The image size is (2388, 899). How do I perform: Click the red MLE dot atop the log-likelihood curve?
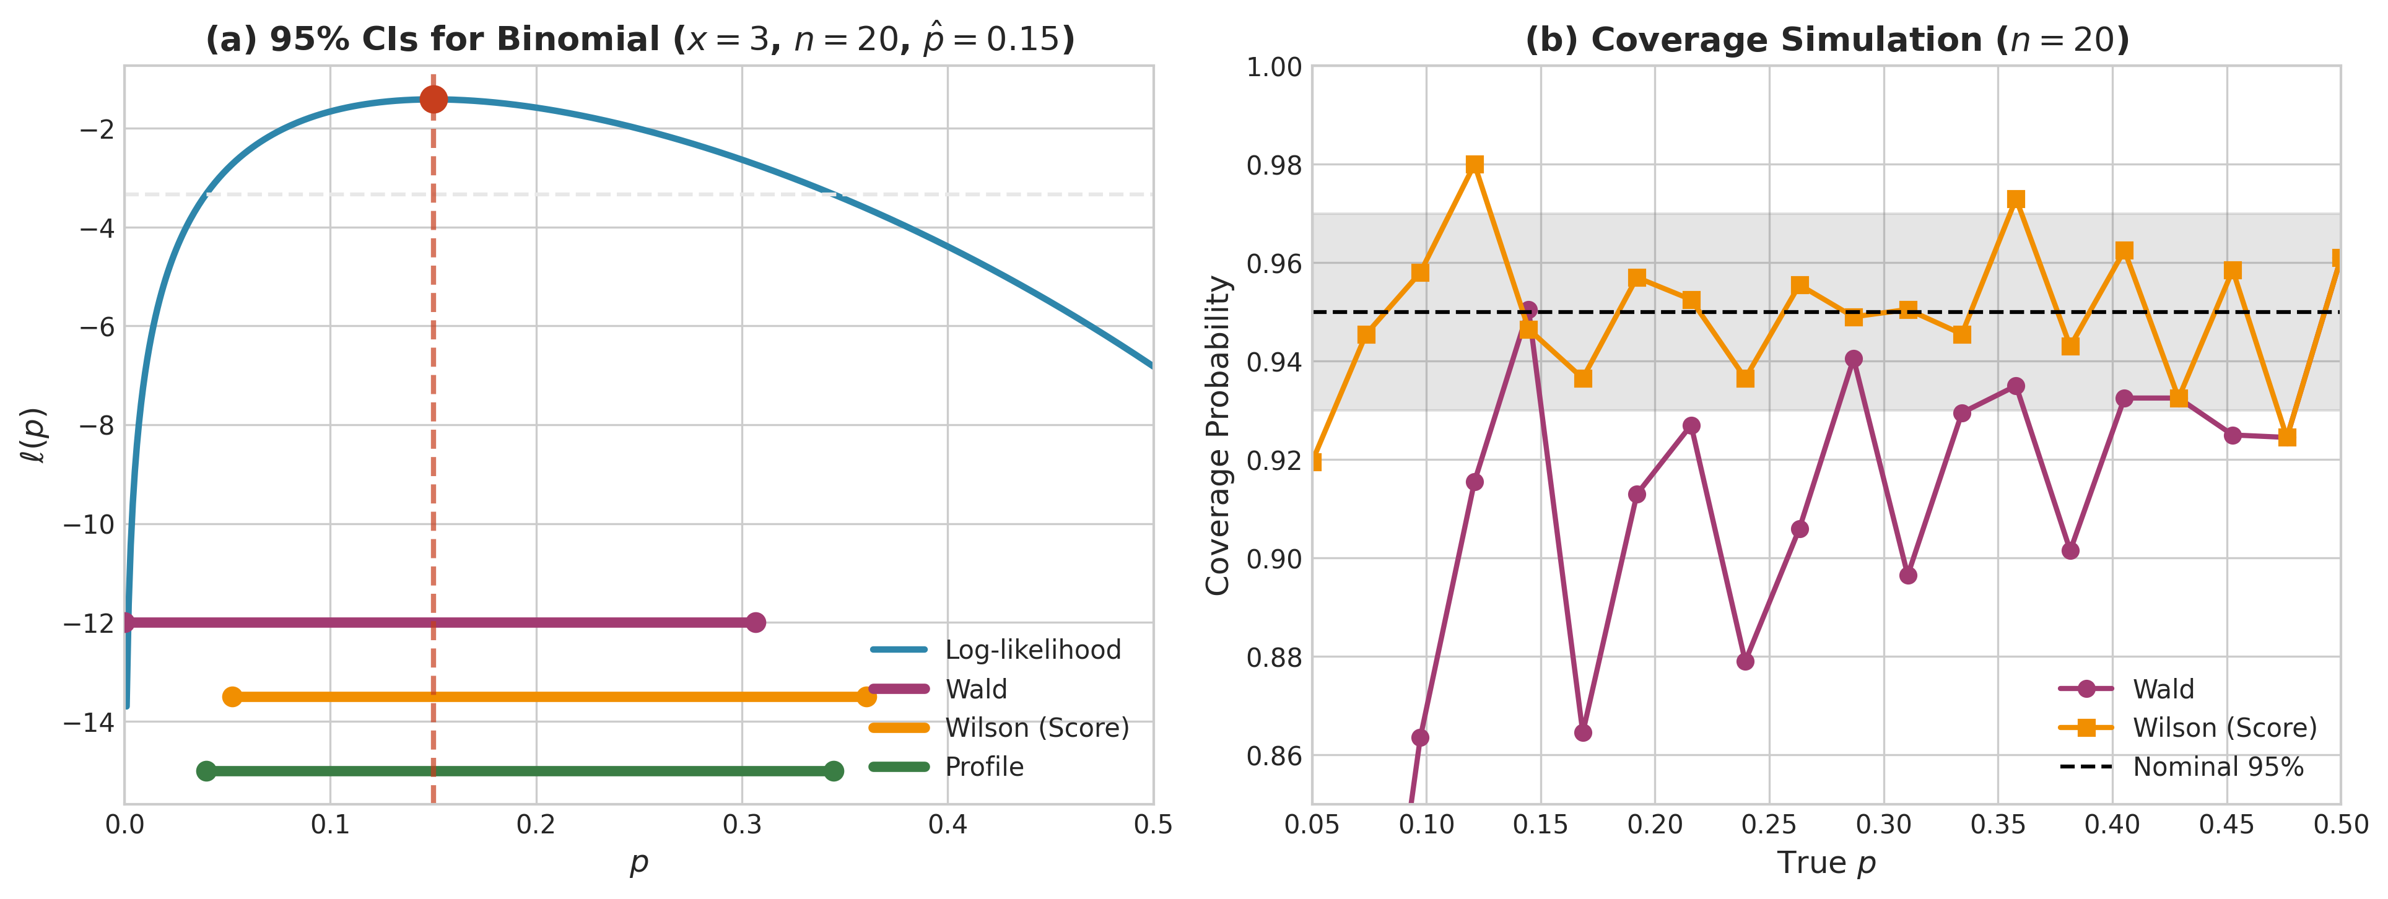tap(433, 99)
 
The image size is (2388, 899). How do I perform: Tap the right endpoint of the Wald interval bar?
tap(756, 622)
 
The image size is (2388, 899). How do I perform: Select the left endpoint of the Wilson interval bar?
tap(233, 697)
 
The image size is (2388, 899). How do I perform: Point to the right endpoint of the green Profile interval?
tap(834, 771)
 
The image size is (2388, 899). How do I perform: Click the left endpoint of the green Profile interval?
tap(207, 771)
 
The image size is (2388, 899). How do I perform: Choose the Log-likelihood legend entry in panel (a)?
tap(1032, 649)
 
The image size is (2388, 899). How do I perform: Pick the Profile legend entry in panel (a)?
tap(983, 767)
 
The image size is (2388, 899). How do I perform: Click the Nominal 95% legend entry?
tap(2218, 767)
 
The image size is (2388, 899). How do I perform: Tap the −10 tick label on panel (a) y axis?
tap(89, 524)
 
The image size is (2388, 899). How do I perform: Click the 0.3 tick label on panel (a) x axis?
tap(742, 825)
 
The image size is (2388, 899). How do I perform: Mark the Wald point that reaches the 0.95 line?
tap(1528, 310)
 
